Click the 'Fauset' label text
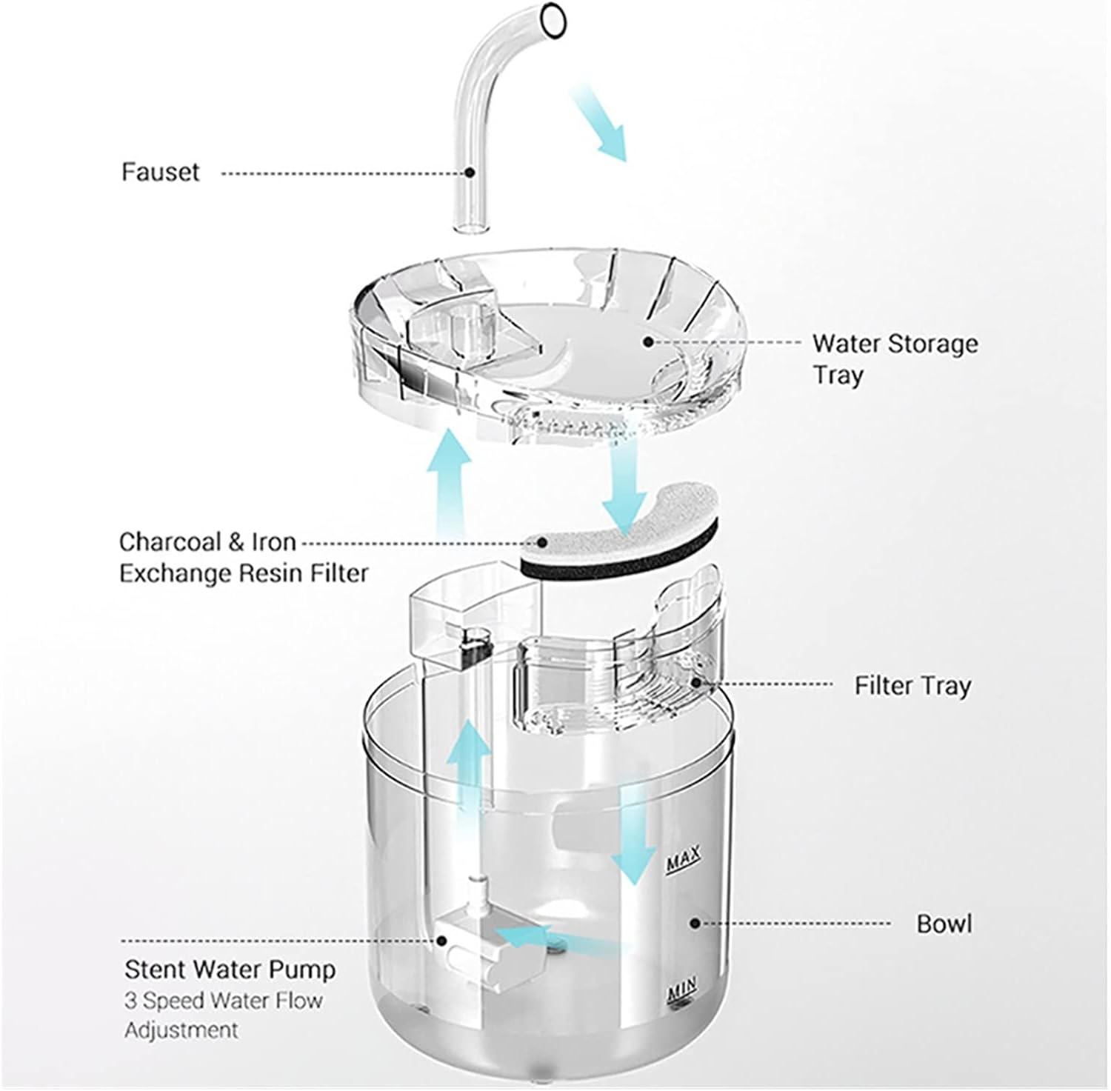[x=161, y=172]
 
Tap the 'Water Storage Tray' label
[x=894, y=358]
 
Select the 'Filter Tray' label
[x=912, y=685]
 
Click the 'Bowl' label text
[x=944, y=924]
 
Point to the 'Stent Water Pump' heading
[x=230, y=969]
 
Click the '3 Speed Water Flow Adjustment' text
[x=223, y=1015]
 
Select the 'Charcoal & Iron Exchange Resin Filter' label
[x=243, y=557]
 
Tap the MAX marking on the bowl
[x=683, y=861]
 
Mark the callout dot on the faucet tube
[x=470, y=172]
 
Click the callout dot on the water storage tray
[x=648, y=341]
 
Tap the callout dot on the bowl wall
[x=695, y=923]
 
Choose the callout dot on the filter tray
[x=695, y=683]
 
